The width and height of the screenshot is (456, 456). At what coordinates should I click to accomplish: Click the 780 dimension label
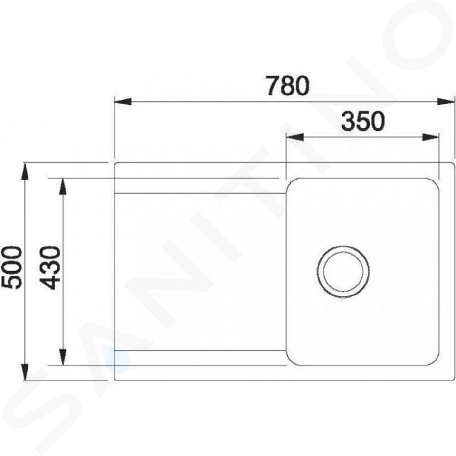288,85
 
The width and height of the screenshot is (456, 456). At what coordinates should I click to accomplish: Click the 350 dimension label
363,121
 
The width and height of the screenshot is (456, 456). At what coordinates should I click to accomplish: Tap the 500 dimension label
11,267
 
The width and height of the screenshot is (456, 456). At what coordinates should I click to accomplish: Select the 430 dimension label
50,268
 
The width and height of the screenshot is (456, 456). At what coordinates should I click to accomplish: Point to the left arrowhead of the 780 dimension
123,102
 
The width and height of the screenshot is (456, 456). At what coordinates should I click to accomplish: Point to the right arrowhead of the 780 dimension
446,102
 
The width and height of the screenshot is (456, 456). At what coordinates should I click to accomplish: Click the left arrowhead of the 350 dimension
295,137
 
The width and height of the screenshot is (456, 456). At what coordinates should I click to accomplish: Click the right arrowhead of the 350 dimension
430,137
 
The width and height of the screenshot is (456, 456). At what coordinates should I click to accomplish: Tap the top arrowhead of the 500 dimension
26,172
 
